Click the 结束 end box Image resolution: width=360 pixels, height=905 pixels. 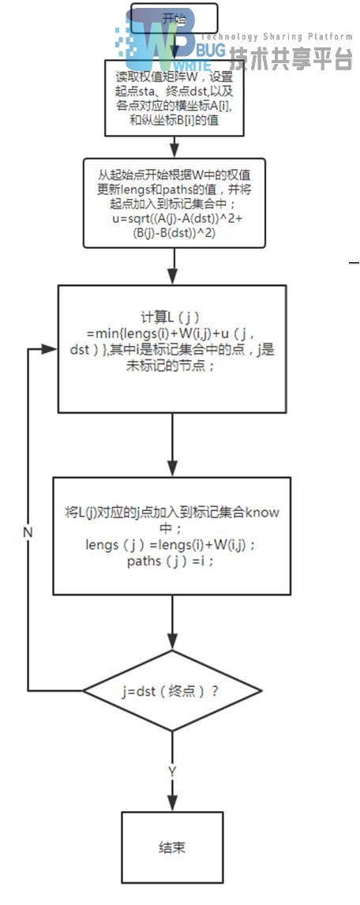click(172, 848)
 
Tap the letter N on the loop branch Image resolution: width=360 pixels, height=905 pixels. click(28, 532)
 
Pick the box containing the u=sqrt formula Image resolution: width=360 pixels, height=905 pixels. click(173, 203)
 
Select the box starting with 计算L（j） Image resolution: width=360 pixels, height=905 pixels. click(172, 348)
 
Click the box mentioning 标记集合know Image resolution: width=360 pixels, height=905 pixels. click(172, 536)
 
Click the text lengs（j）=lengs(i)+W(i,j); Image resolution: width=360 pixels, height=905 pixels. click(171, 544)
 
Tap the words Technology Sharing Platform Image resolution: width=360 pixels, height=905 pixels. click(276, 36)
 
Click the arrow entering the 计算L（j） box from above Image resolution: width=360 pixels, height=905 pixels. click(172, 268)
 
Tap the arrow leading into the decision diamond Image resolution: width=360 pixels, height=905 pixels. click(172, 624)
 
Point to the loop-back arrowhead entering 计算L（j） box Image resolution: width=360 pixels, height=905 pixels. click(51, 348)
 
